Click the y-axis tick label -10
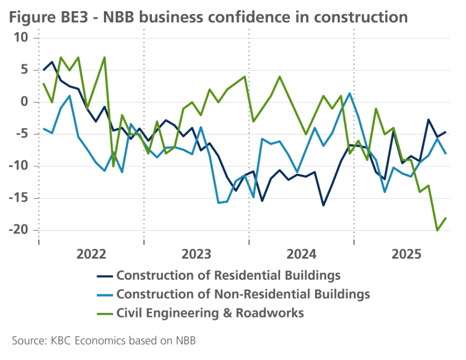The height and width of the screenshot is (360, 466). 19,167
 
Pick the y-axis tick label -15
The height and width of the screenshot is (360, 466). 19,199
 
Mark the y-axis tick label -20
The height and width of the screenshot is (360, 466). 19,231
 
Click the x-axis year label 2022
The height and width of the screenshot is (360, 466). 91,255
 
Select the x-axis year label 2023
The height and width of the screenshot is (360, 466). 196,255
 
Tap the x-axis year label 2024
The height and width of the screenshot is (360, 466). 301,255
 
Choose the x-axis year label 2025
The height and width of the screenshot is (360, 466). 406,255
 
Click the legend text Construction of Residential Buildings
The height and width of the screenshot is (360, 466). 228,275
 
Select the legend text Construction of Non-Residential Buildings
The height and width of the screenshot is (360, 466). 243,294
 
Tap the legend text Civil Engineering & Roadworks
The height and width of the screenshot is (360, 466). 210,313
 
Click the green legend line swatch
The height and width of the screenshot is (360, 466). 105,313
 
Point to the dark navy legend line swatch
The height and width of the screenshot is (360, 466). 105,276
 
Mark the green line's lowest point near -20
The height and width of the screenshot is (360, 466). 437,230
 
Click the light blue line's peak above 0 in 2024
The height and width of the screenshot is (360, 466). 350,93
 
